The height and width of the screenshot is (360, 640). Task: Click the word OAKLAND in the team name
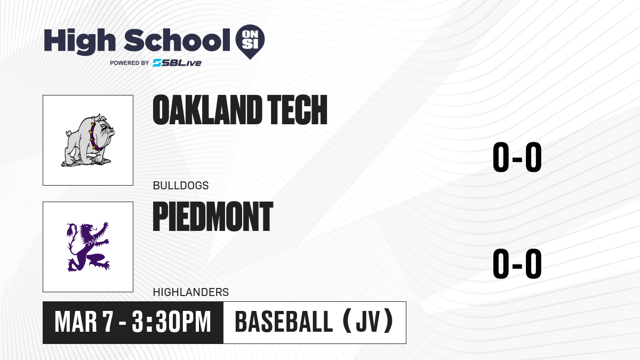(x=207, y=110)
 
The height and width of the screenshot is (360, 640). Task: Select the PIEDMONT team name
(x=213, y=217)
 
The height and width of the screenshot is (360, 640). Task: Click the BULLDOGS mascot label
(x=181, y=186)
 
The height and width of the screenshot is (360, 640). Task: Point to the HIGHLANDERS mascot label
(x=191, y=292)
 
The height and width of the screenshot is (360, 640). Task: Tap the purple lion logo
(x=88, y=246)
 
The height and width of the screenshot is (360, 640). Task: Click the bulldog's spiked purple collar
(x=94, y=137)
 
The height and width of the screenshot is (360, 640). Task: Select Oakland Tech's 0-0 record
(x=517, y=157)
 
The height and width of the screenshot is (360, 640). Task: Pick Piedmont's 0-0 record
(x=517, y=263)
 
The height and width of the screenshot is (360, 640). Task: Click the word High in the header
(x=79, y=41)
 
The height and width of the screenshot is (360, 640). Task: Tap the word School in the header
(x=177, y=40)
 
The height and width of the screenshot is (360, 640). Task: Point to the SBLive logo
(x=177, y=63)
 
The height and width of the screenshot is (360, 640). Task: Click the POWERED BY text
(x=130, y=63)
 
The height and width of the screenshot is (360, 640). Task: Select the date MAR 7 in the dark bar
(x=84, y=322)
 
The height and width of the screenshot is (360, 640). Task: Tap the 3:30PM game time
(x=171, y=322)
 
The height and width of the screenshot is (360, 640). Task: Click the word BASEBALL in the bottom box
(x=284, y=322)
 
